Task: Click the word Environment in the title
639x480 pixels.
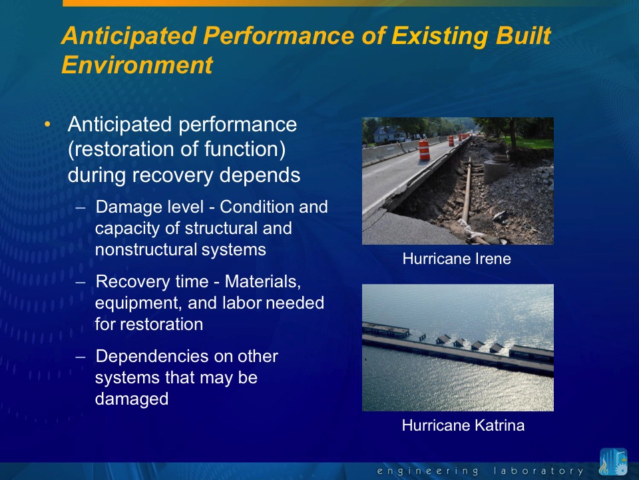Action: pyautogui.click(x=137, y=65)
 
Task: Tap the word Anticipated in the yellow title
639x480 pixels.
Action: pyautogui.click(x=129, y=35)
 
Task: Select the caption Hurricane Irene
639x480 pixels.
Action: pyautogui.click(x=457, y=259)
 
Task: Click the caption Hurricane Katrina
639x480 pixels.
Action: pyautogui.click(x=463, y=425)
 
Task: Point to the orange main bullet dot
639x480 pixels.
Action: pyautogui.click(x=48, y=124)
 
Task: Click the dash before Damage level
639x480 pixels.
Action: pyautogui.click(x=81, y=207)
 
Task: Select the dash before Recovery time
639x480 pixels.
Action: pyautogui.click(x=81, y=282)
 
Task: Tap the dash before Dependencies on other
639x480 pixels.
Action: pyautogui.click(x=81, y=357)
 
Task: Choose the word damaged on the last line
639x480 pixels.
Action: pyautogui.click(x=132, y=399)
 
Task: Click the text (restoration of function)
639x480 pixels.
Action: pyautogui.click(x=177, y=149)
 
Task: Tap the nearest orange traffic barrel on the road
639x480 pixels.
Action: pyautogui.click(x=424, y=150)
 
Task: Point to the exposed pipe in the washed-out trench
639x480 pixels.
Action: pyautogui.click(x=467, y=191)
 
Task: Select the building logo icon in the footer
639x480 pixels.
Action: pyautogui.click(x=613, y=461)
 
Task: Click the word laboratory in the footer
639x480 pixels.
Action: pyautogui.click(x=538, y=471)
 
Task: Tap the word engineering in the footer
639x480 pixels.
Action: pyautogui.click(x=427, y=471)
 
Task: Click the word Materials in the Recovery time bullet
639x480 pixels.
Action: pyautogui.click(x=263, y=281)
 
